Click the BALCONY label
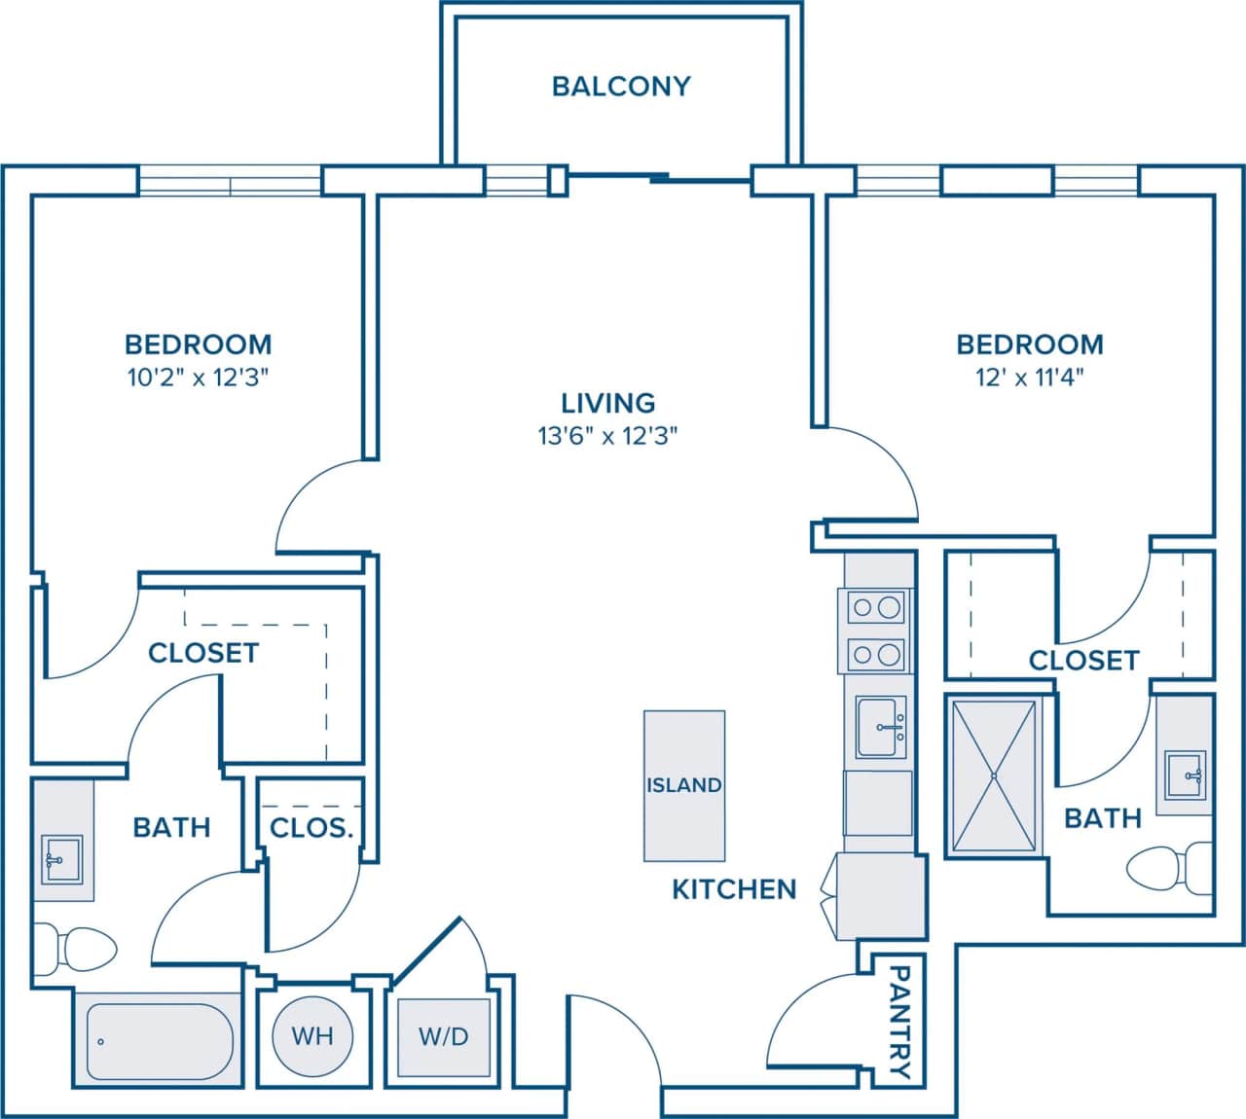click(x=621, y=86)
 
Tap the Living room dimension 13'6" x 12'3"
click(x=607, y=436)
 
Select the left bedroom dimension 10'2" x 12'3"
click(x=199, y=378)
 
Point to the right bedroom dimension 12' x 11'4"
click(x=1030, y=378)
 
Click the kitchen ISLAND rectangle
click(x=684, y=785)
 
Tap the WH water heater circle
click(x=311, y=1035)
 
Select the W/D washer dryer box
click(x=444, y=1036)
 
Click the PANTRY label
click(x=901, y=1022)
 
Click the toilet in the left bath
click(x=78, y=945)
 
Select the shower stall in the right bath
click(x=993, y=776)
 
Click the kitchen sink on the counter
click(x=881, y=726)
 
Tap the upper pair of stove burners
click(x=876, y=608)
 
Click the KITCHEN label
click(x=734, y=888)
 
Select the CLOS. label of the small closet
click(x=311, y=829)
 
